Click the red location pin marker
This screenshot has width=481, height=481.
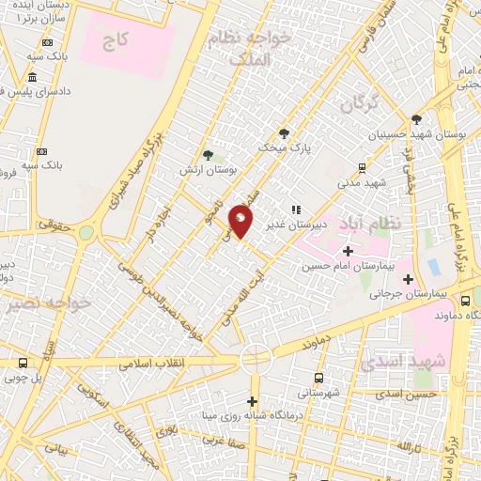tap(241, 220)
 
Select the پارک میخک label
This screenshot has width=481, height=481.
tap(286, 148)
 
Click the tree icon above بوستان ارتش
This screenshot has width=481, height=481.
tap(208, 155)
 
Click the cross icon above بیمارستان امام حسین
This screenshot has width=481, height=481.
tap(348, 250)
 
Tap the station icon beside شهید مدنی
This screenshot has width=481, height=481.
tap(362, 167)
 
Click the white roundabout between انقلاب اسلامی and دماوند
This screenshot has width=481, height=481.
tap(254, 358)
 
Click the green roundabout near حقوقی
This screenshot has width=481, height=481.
tap(86, 231)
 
